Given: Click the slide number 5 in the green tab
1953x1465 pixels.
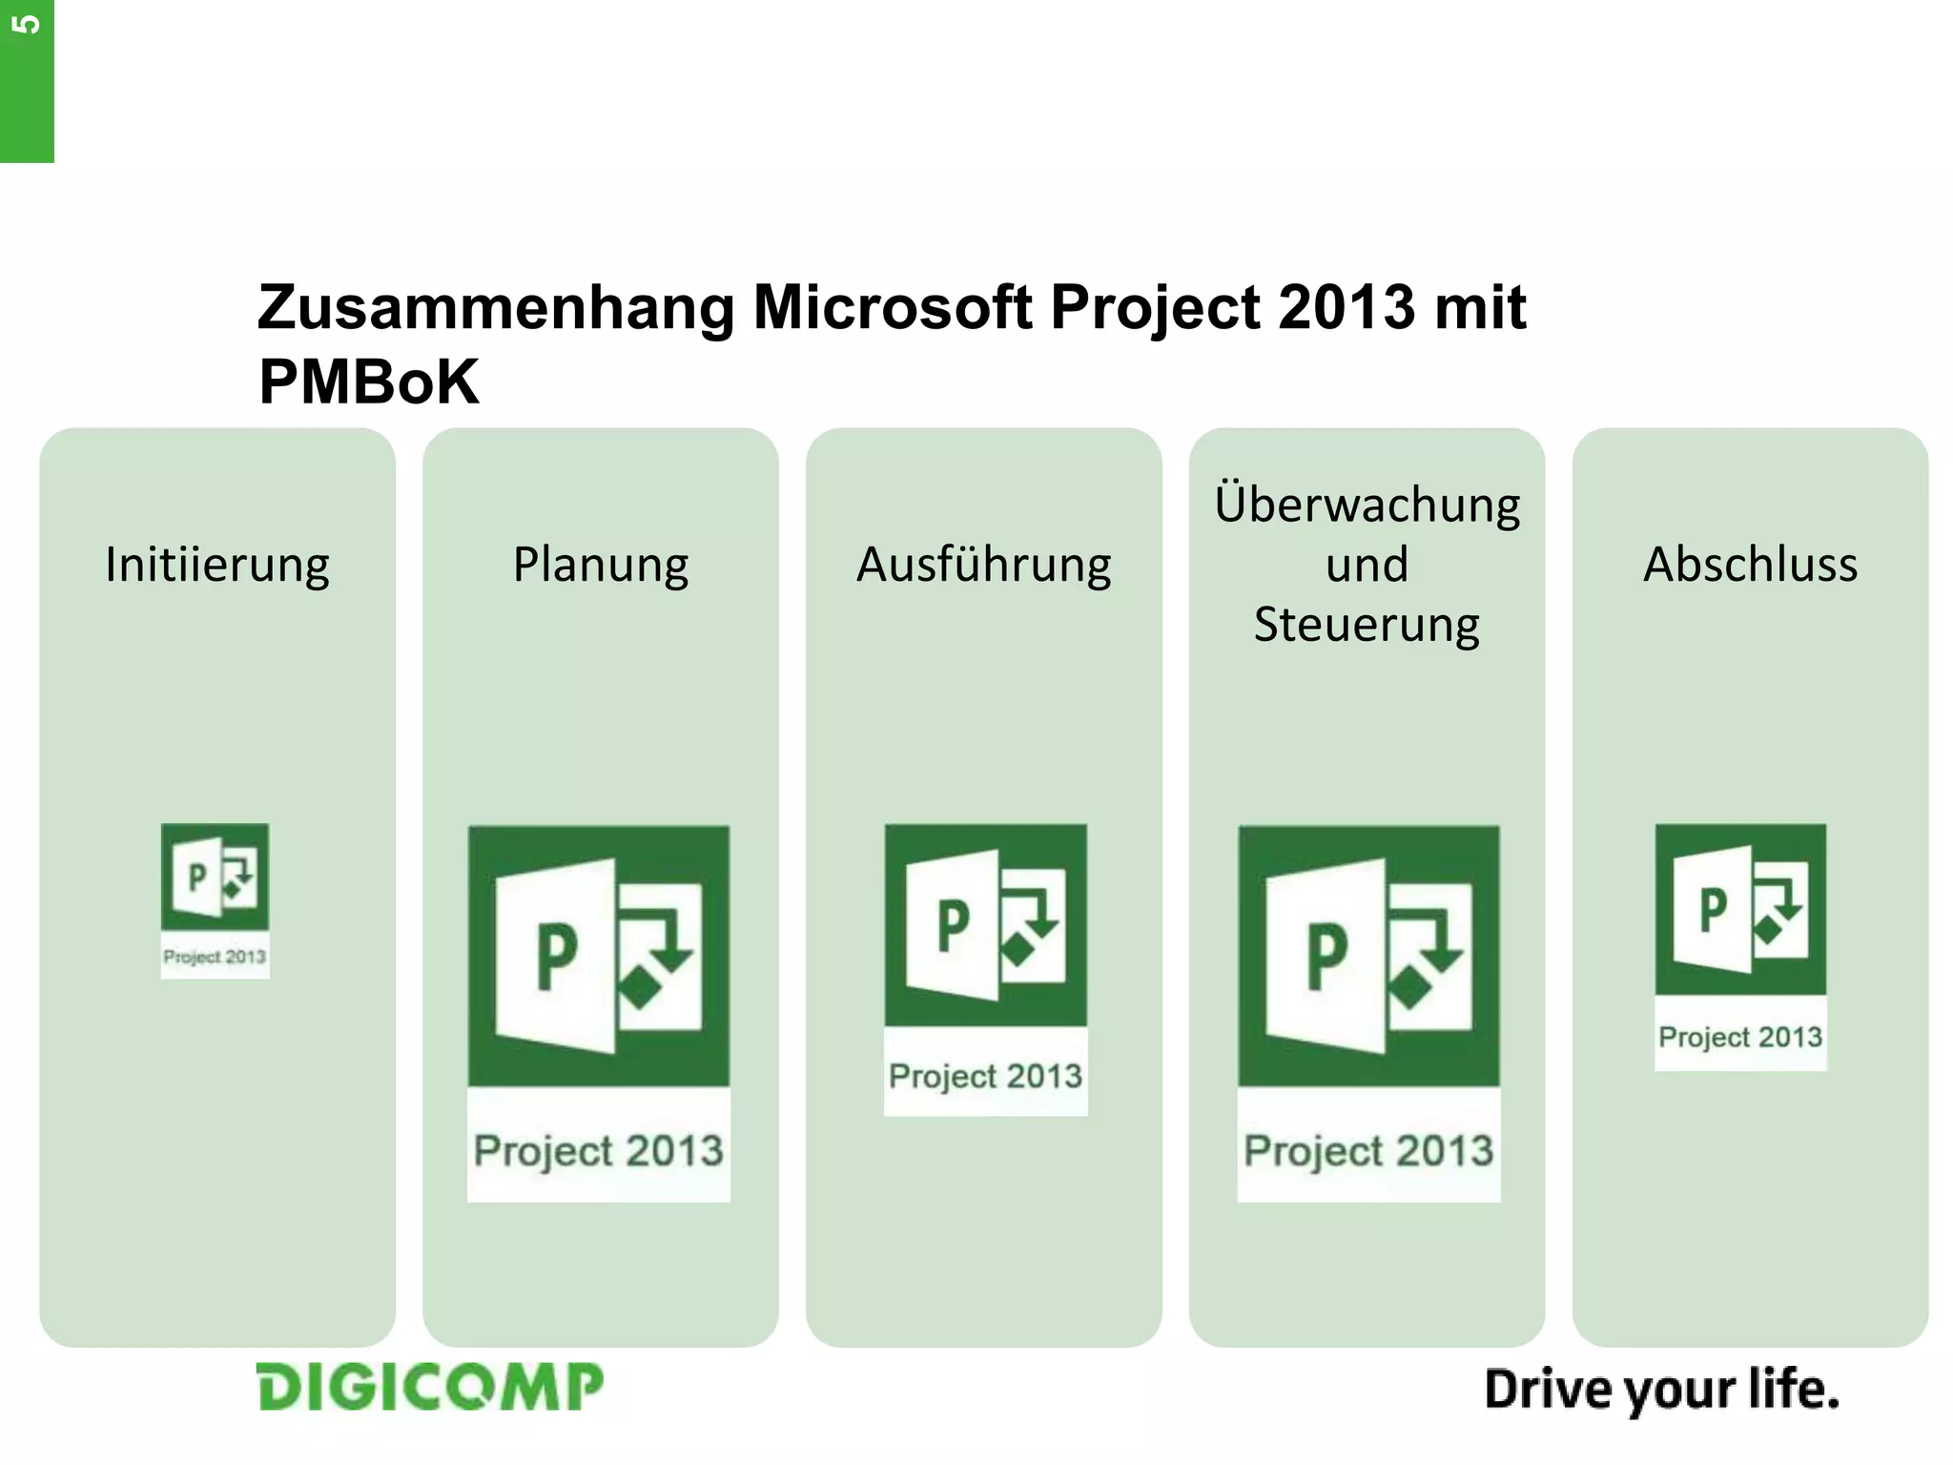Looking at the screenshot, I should [27, 24].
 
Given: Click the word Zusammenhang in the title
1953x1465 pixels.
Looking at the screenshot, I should [496, 307].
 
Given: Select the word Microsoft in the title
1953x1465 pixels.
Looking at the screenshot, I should [892, 307].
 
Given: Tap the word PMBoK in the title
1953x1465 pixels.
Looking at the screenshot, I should [368, 382].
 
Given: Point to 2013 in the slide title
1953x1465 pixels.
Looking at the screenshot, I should [1347, 307].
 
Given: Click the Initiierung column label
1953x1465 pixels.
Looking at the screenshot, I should [217, 565].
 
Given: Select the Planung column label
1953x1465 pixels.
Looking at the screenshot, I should [601, 565].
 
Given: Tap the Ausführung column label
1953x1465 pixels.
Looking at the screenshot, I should [983, 565].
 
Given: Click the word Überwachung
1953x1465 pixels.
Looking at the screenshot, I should [1367, 505].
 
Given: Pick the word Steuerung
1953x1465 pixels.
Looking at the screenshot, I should [1367, 625].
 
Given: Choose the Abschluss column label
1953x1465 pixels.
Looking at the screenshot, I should [1750, 565].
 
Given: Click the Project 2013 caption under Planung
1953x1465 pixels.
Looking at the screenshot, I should [599, 1150].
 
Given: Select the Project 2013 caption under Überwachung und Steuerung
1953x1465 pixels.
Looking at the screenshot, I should [1368, 1150].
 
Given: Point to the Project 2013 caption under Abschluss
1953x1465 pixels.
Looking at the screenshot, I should [1740, 1037].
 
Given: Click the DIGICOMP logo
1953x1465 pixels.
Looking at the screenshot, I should [430, 1387].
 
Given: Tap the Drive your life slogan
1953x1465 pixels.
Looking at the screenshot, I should [1661, 1391].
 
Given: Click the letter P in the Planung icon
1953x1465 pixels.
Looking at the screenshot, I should [557, 956].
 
